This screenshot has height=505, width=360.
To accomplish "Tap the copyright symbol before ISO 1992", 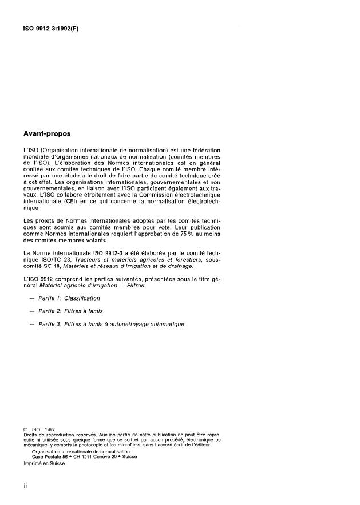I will pyautogui.click(x=25, y=428).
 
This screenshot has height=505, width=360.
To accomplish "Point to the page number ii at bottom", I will pyautogui.click(x=25, y=486).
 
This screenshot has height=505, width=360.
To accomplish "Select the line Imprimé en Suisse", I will pyautogui.click(x=44, y=464).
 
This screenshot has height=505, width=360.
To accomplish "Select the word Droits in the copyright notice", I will pyautogui.click(x=31, y=433).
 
